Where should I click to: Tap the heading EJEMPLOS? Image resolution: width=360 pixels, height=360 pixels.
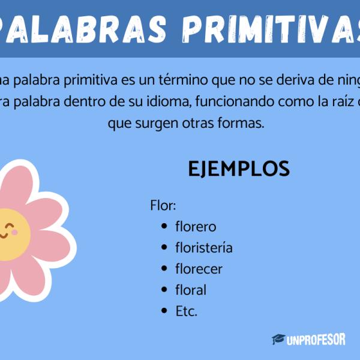coord(239,169)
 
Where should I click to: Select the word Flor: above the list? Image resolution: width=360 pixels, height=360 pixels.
coord(163,206)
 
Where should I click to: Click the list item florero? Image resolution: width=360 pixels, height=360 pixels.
coord(196,227)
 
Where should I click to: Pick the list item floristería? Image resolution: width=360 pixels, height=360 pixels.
coord(204,248)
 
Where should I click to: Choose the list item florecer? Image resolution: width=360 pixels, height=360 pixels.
coord(199,269)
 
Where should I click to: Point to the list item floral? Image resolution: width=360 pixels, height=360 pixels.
coord(191,290)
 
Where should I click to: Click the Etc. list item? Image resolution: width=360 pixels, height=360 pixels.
coord(186,311)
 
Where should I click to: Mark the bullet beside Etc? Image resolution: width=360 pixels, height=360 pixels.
coord(164,311)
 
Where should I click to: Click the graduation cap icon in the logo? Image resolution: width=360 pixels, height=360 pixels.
coord(278,340)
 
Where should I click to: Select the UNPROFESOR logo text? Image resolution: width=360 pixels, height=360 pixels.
coord(316,340)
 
